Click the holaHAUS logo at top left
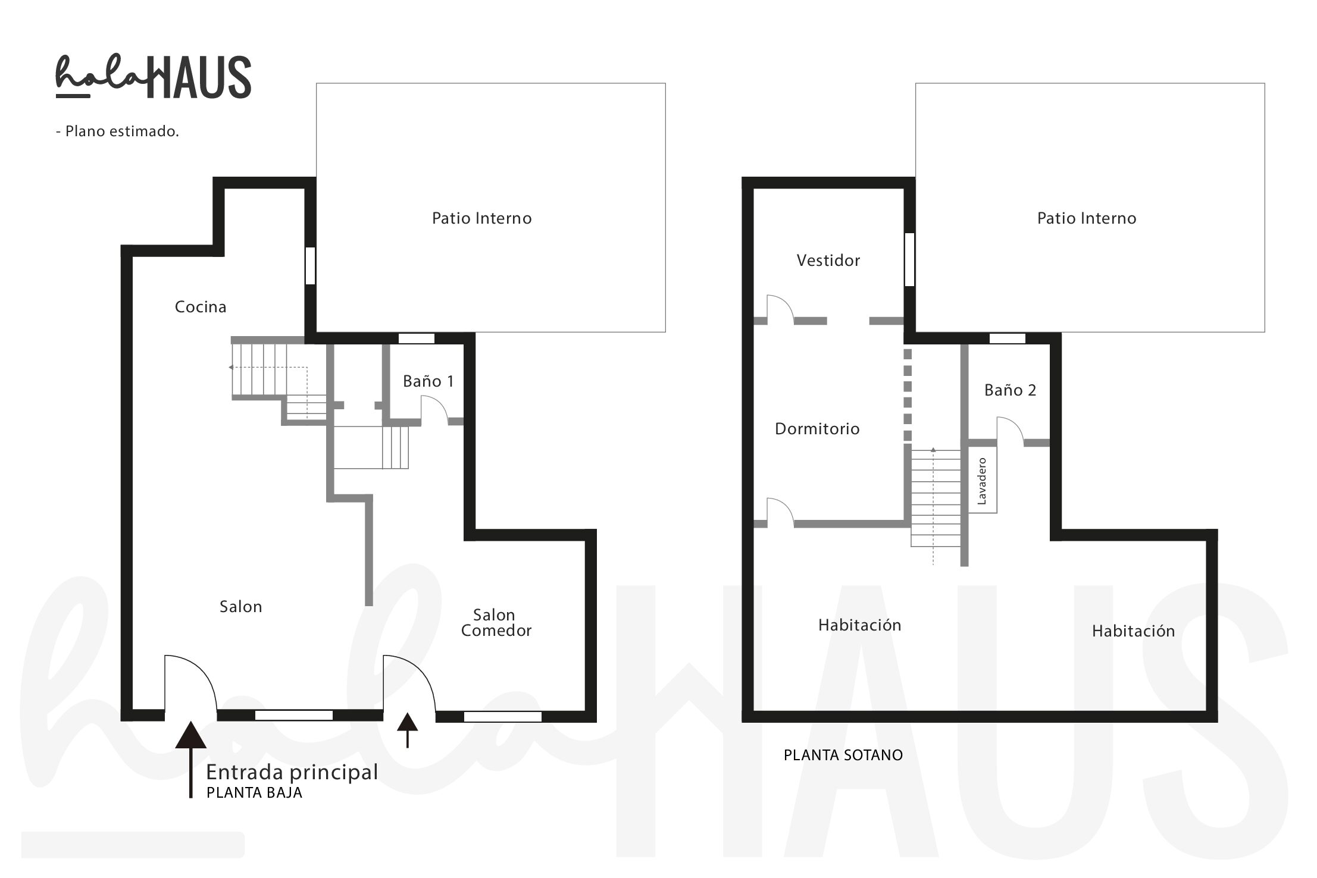[154, 77]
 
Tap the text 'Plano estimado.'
[122, 131]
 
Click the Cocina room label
[201, 307]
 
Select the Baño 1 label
[428, 381]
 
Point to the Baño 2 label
[1010, 390]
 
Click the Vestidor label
[828, 261]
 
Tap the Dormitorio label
[817, 429]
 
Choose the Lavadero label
[982, 481]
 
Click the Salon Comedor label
[496, 623]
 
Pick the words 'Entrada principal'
[292, 772]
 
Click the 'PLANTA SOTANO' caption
[843, 755]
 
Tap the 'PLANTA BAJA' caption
[254, 793]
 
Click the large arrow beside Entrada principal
[191, 760]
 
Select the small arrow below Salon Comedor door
[407, 730]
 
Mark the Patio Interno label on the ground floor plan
[482, 218]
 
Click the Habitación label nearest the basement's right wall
[1133, 631]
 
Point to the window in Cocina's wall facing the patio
[310, 265]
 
